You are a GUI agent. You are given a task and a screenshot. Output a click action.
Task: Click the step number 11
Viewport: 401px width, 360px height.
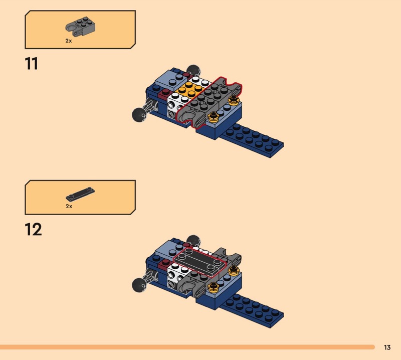32,64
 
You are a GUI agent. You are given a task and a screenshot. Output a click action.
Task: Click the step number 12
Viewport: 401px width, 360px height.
33,229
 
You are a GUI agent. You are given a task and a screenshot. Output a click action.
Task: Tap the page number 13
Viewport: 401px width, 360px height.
387,347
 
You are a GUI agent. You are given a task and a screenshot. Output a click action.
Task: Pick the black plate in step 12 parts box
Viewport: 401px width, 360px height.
80,194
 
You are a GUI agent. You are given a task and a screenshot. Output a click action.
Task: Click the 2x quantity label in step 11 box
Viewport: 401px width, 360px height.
69,41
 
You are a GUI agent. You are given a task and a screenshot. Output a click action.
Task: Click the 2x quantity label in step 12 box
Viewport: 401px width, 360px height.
69,206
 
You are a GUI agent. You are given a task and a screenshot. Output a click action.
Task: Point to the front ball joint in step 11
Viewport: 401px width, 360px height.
139,115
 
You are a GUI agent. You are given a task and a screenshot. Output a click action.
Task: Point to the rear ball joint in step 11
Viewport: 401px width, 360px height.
193,70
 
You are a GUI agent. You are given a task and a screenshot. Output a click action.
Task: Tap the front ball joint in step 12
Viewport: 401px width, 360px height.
139,285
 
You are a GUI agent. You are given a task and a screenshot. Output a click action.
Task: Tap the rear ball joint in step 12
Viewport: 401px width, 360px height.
193,240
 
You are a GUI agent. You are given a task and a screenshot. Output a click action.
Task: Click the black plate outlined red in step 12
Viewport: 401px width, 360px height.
200,262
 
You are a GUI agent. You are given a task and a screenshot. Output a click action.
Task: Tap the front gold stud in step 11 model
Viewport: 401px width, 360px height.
214,117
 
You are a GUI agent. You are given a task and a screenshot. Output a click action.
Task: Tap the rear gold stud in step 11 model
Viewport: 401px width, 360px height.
233,100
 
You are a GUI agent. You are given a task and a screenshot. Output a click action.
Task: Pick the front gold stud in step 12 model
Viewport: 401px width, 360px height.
214,287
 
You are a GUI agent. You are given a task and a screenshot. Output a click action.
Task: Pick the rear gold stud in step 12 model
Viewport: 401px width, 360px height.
233,270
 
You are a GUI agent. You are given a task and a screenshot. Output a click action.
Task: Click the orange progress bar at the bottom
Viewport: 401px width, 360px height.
187,347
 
